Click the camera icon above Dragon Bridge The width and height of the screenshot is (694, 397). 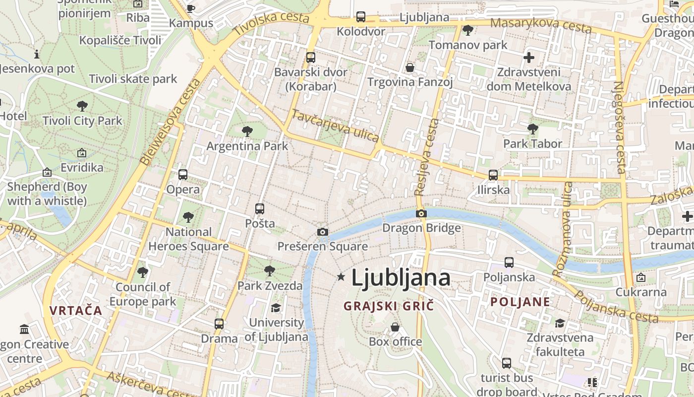421,214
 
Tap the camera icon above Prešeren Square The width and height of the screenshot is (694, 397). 323,232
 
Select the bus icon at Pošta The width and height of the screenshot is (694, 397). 260,209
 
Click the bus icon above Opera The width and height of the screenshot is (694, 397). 183,175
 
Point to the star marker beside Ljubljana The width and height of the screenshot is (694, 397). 341,277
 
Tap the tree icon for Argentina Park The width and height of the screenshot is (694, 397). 247,132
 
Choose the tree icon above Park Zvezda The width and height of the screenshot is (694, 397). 270,271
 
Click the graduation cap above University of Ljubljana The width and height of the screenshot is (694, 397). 276,308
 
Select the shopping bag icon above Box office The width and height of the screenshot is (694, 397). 395,327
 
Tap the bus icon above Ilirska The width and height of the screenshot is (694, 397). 493,175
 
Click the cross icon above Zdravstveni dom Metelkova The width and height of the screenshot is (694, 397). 529,58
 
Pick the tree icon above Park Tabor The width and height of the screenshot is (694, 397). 533,129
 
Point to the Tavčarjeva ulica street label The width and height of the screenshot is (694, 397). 335,126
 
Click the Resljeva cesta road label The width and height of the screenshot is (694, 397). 427,157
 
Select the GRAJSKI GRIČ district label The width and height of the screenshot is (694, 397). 389,306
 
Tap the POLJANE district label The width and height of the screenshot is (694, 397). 520,302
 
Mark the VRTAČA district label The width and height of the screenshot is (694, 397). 76,311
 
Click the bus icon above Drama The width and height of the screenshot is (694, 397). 219,324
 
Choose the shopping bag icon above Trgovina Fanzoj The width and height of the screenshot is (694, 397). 410,67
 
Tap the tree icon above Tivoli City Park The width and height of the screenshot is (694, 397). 82,106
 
